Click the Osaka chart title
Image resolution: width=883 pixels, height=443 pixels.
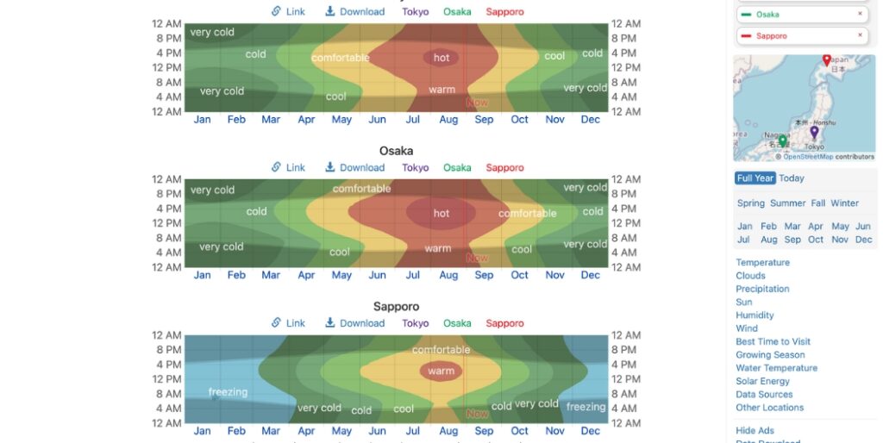396,151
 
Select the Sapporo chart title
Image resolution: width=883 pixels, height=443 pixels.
396,307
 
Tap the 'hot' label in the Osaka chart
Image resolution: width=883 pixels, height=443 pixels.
441,213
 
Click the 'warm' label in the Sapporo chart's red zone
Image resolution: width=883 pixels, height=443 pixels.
441,371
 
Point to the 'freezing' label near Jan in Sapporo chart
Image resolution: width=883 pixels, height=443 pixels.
228,392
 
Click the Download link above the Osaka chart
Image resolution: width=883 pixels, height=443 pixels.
354,167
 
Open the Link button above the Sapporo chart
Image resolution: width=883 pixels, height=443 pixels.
288,323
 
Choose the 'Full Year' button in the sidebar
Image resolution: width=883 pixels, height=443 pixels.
755,178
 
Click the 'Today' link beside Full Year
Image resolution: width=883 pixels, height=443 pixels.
792,178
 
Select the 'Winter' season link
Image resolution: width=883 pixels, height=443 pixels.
844,203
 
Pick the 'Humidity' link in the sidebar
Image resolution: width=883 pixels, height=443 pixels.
755,315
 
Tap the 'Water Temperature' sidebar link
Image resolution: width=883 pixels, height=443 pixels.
776,368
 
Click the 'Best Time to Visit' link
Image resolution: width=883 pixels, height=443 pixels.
773,341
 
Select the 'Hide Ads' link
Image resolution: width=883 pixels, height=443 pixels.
755,431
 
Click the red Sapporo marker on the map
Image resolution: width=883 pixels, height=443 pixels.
826,60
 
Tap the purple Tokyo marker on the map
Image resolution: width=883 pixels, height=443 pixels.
813,132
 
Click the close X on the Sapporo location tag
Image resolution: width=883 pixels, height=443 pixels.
860,35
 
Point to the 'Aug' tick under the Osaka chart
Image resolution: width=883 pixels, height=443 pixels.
448,275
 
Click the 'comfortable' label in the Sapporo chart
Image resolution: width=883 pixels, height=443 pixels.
441,350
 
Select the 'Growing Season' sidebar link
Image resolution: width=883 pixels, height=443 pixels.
770,354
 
